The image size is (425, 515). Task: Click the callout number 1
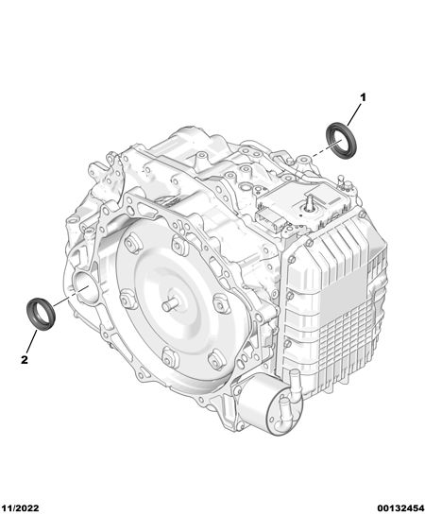click(x=363, y=97)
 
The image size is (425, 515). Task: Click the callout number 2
click(x=25, y=360)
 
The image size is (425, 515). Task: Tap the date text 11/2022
click(x=20, y=508)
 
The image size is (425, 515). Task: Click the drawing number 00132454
click(x=400, y=508)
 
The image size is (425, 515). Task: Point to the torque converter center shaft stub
click(x=171, y=304)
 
